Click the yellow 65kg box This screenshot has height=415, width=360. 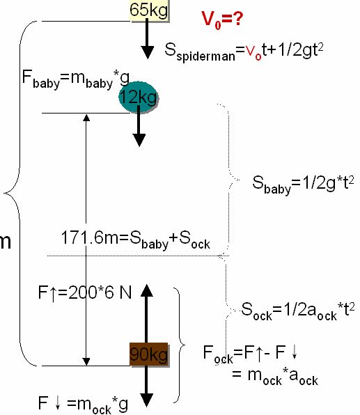tap(149, 10)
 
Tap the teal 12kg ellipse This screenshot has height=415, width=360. tap(138, 97)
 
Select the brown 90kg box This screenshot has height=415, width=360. tap(149, 354)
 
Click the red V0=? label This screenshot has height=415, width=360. tap(222, 19)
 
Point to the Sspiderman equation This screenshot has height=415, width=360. tap(244, 51)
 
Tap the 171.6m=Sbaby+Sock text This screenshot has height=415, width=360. tap(136, 240)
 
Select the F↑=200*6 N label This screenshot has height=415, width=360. tap(85, 293)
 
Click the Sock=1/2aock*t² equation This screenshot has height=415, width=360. tap(298, 311)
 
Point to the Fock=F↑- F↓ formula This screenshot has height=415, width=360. tap(251, 354)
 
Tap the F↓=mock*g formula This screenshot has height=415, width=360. tap(83, 405)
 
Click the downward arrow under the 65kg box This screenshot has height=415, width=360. tap(147, 38)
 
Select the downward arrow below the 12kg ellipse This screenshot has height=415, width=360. tap(139, 126)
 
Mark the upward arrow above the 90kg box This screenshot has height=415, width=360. tap(146, 313)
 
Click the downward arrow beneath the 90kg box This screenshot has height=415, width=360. tap(147, 386)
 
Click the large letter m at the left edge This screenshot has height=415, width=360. tap(6, 242)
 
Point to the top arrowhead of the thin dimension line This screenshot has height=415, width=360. tap(86, 118)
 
